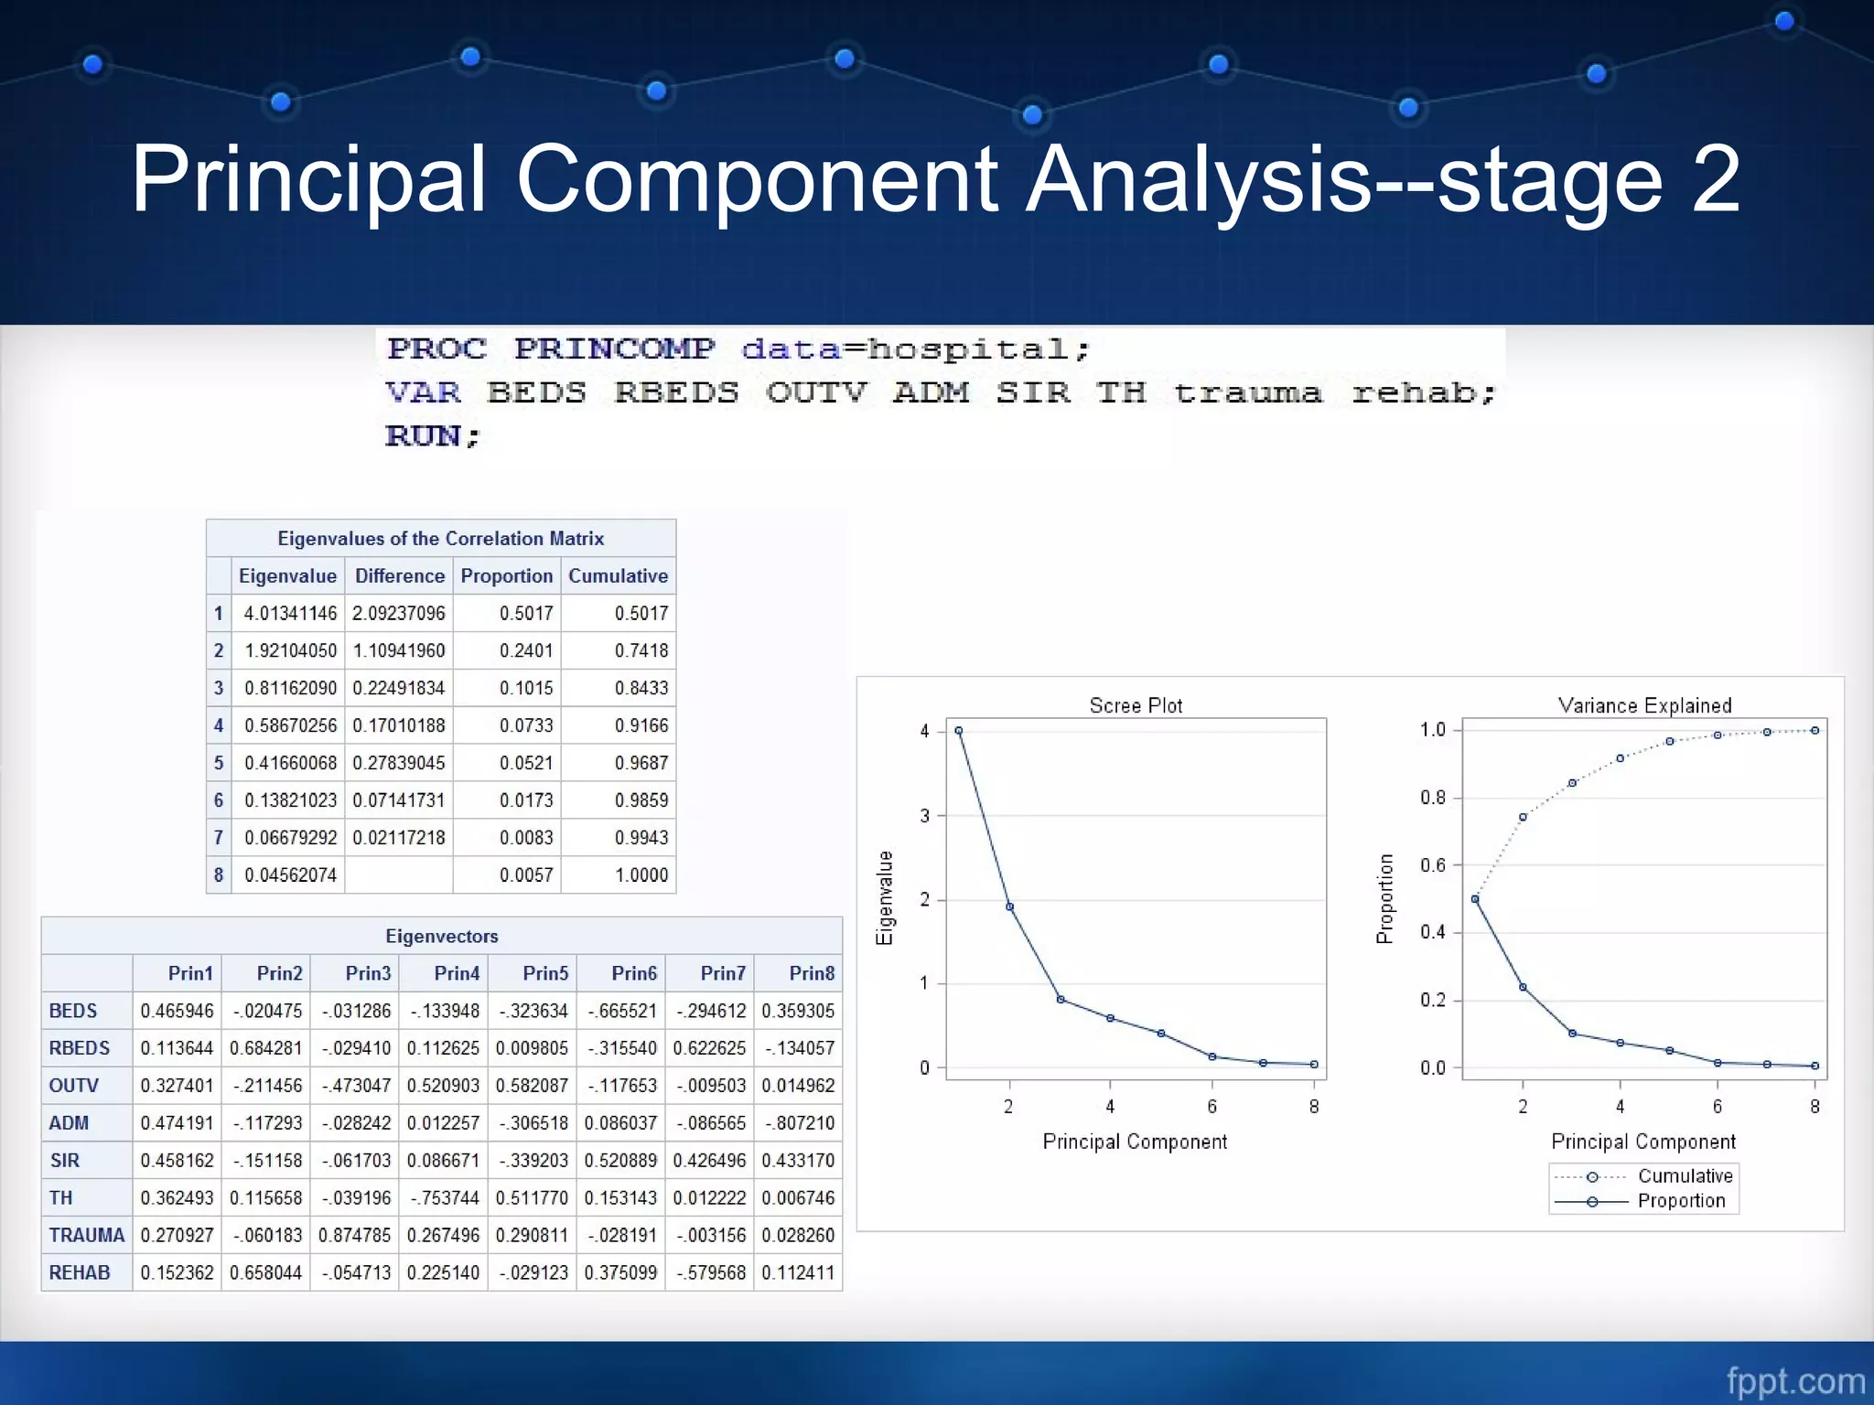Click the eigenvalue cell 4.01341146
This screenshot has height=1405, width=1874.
(290, 614)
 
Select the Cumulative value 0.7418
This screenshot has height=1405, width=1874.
(641, 651)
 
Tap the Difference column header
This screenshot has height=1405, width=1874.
(399, 576)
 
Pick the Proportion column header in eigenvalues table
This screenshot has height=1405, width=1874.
(506, 576)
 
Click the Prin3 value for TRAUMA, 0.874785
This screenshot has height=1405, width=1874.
(354, 1236)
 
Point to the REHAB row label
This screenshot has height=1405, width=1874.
(80, 1273)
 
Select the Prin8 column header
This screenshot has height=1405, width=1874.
(811, 973)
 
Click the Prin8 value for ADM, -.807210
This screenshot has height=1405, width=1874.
(799, 1123)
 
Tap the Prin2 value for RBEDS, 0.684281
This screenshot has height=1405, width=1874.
(265, 1048)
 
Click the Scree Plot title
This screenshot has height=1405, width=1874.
(1136, 705)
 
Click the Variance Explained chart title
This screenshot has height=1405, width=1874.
(1644, 705)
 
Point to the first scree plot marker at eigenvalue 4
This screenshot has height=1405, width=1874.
(958, 731)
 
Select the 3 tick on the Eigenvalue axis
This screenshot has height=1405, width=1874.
(924, 815)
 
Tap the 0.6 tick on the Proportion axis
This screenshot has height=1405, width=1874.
(1432, 865)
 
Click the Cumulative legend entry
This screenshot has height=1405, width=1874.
(1685, 1176)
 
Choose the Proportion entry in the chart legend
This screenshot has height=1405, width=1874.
(1681, 1201)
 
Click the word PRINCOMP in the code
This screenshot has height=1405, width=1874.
(614, 349)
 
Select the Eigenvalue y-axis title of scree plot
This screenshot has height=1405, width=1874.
(884, 897)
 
